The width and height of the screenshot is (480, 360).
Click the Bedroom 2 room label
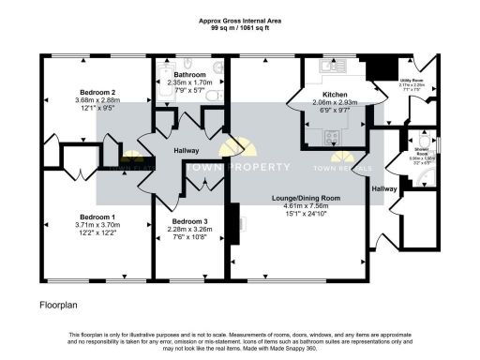point(98,92)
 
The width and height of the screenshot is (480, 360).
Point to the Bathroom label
point(189,74)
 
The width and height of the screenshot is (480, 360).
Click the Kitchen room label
point(336,95)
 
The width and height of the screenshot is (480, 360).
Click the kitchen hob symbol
point(331,137)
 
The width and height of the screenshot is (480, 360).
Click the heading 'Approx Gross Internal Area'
point(240,20)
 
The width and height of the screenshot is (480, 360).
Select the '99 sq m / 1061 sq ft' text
point(240,27)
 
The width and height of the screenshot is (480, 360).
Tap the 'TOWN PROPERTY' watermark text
point(239,167)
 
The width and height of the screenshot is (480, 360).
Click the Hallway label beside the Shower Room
point(384,189)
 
